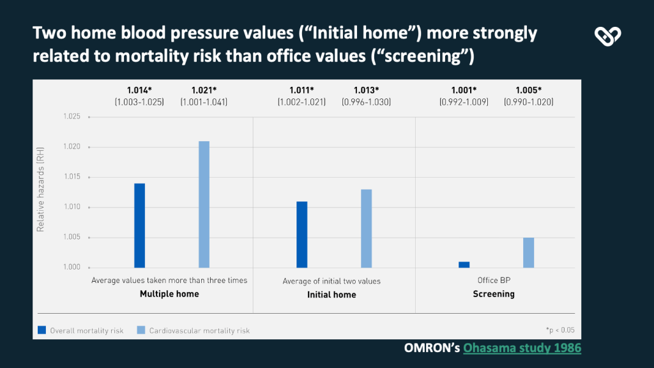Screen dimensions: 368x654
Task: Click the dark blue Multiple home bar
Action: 139,226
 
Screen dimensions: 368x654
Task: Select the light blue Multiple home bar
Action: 204,204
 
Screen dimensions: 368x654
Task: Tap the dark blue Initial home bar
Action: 301,234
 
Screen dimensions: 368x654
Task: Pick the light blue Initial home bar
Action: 366,229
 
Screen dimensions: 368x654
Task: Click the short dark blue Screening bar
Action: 464,264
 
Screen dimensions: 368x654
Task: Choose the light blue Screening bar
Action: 528,252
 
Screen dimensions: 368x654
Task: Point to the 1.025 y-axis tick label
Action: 72,117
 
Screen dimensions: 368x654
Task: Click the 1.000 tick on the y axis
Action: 72,268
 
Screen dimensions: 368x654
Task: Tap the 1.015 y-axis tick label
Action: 72,177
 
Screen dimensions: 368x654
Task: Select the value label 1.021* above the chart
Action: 204,90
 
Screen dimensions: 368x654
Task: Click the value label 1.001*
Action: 464,90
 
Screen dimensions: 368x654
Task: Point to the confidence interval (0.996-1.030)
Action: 366,102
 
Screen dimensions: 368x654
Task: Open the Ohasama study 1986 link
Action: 522,348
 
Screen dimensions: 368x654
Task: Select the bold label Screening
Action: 493,294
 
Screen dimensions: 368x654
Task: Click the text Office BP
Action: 493,280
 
